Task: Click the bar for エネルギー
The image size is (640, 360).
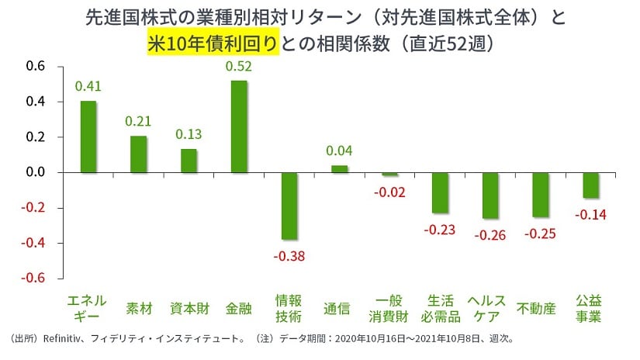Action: pos(88,137)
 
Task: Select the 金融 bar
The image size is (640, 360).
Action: pos(239,126)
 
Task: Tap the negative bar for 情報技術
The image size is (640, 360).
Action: pos(289,206)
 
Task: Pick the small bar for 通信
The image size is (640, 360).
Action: pos(339,168)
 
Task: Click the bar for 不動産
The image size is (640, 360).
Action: pos(540,195)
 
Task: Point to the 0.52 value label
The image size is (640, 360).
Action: pos(239,67)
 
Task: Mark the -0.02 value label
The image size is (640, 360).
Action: pos(389,191)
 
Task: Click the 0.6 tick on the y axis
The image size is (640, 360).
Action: pos(36,67)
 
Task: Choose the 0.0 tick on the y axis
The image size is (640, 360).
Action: pos(36,172)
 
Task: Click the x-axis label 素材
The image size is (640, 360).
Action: pos(138,308)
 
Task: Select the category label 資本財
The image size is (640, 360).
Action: pos(189,308)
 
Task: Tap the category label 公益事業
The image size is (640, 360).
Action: pos(590,308)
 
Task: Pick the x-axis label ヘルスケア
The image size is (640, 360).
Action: pos(490,308)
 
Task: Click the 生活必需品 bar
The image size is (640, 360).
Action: pos(440,192)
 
